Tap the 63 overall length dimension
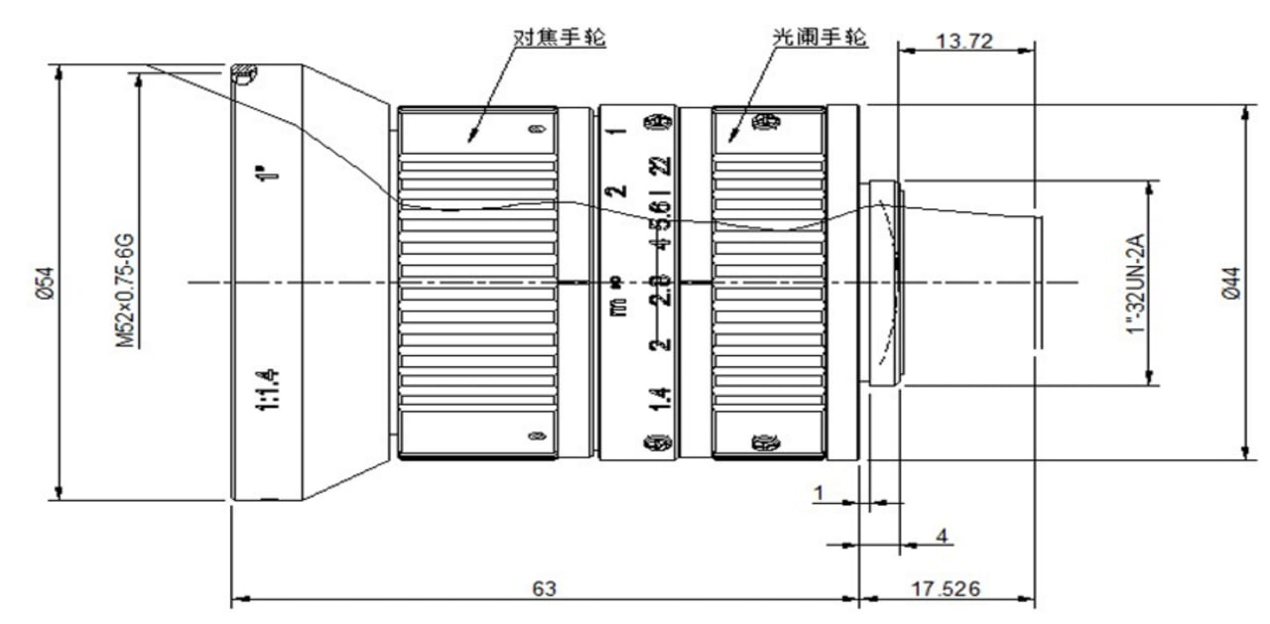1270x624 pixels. pyautogui.click(x=544, y=588)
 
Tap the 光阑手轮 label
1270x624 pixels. pyautogui.click(x=821, y=38)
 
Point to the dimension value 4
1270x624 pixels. pyautogui.click(x=943, y=536)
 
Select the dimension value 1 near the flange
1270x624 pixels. pyautogui.click(x=820, y=493)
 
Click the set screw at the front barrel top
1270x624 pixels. pyautogui.click(x=243, y=72)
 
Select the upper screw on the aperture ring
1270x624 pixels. pyautogui.click(x=763, y=123)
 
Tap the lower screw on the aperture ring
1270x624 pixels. pyautogui.click(x=763, y=441)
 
